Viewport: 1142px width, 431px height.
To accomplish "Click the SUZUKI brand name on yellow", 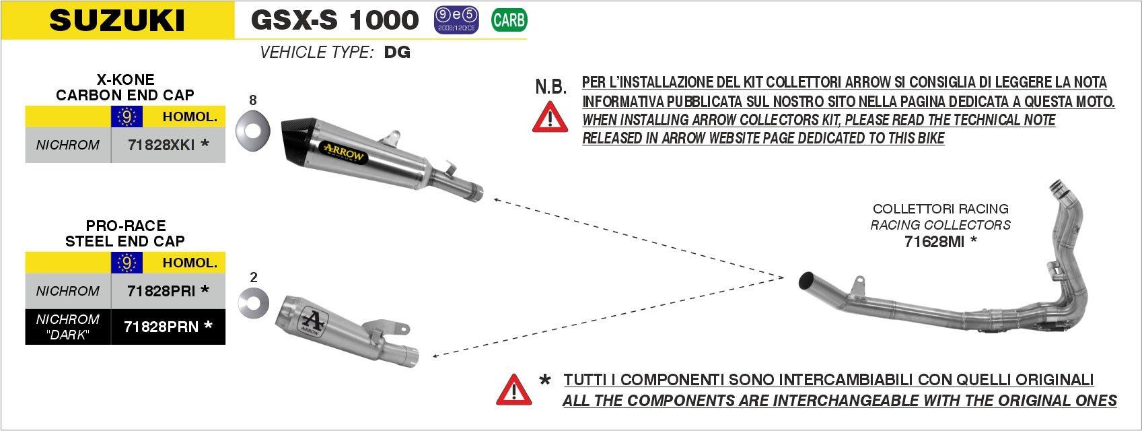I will click(x=117, y=20).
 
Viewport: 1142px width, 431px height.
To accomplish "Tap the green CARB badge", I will click(x=509, y=20).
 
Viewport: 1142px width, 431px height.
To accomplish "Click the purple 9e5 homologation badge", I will click(x=456, y=20).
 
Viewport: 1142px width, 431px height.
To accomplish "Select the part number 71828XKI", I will click(x=162, y=145).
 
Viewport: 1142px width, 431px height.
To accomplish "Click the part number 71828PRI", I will click(x=162, y=291).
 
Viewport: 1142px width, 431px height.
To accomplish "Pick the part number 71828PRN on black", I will click(x=162, y=327).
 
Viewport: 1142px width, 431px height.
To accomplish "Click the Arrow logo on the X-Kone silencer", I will click(x=343, y=152).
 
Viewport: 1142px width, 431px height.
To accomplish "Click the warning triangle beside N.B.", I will click(x=550, y=117).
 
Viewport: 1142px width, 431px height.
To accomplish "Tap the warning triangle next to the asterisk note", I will click(x=513, y=390).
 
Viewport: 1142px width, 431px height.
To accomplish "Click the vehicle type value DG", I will click(x=397, y=53).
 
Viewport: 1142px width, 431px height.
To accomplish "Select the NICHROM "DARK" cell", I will click(x=67, y=327).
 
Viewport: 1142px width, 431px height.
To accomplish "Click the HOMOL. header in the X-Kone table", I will click(x=190, y=117).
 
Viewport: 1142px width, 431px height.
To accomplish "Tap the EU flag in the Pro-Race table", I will click(x=127, y=263).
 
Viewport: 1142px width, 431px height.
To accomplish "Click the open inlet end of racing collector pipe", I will click(x=806, y=281).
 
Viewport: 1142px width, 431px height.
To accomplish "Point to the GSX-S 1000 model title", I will click(x=334, y=20).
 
